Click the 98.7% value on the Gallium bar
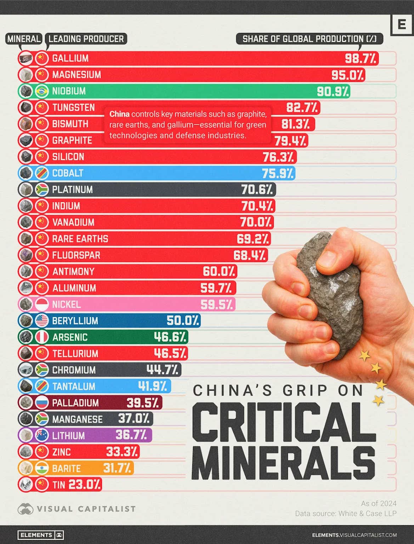point(361,58)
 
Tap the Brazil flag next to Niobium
point(42,91)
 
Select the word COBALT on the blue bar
point(68,173)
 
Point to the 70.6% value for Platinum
point(257,190)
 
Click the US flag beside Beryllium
point(42,321)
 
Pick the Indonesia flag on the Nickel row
point(42,305)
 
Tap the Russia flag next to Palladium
point(42,403)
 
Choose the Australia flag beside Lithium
point(42,435)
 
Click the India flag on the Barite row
point(42,468)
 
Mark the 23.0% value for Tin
point(85,484)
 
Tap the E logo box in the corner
point(402,25)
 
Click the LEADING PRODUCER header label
point(86,39)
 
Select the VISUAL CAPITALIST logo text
point(86,509)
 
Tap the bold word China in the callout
point(119,114)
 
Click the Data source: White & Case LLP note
point(346,514)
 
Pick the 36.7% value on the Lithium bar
point(131,435)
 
